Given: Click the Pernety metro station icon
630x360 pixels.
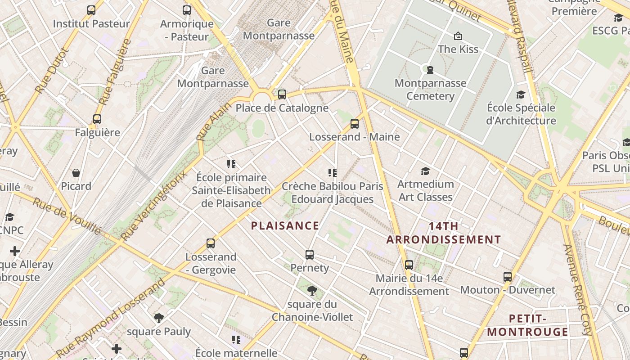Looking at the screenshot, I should coord(309,255).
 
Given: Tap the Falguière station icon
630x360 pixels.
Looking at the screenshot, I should coord(97,119).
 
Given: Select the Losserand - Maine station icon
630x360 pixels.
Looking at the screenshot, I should coord(355,123).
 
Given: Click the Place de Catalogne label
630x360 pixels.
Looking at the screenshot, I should coord(282,108).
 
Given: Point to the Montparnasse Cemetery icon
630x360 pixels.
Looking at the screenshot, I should coord(430,70).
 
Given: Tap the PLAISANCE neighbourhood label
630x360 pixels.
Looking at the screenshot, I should coord(285,225).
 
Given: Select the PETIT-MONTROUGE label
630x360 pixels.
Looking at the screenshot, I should coord(528,325).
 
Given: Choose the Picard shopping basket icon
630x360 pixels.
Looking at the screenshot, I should coord(76,173).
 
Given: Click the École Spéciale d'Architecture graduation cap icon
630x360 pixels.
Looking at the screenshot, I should coord(521,94).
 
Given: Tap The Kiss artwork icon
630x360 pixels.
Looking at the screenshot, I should coord(458,36).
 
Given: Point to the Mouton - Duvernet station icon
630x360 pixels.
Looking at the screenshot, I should coord(508,277).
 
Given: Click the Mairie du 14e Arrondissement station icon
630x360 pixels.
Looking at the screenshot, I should coord(409,265).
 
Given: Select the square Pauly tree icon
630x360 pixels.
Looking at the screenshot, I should coord(158,318).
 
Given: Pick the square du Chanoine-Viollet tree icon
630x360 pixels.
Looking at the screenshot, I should coord(311,291).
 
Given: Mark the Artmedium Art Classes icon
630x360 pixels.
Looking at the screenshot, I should coord(425,171).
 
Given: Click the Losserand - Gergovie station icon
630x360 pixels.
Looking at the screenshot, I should coord(211,243).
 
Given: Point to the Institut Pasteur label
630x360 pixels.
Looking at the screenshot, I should coord(91,23).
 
